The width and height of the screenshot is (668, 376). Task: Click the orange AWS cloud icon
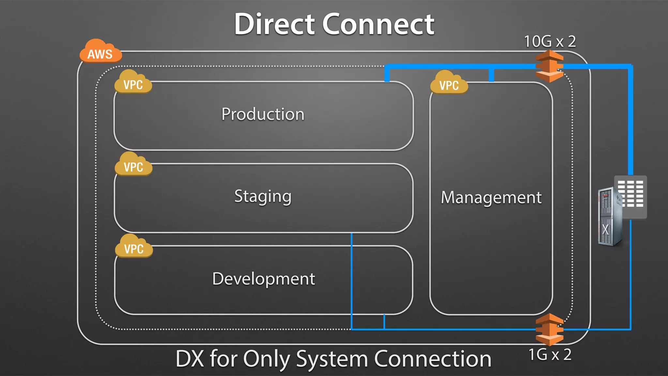click(100, 51)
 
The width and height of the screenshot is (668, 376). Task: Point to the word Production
click(263, 114)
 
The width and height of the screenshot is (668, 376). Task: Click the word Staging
click(263, 196)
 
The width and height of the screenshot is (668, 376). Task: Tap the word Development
click(264, 279)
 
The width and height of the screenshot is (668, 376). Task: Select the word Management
click(491, 197)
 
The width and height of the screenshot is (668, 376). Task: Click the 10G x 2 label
click(550, 41)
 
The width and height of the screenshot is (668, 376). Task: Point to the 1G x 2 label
click(550, 355)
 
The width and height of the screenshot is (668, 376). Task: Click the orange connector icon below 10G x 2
click(550, 66)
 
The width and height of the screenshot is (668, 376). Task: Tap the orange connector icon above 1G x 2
click(550, 329)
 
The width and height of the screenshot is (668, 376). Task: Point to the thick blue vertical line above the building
click(631, 121)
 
